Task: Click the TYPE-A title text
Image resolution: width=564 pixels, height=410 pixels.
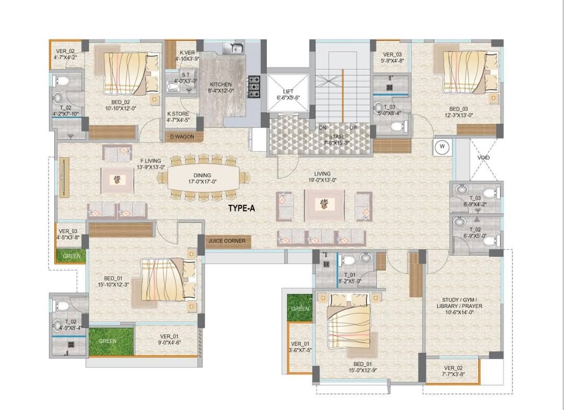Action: pos(241,208)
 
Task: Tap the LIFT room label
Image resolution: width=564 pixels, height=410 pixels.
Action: pos(288,95)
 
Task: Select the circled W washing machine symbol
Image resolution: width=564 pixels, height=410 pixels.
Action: pos(442,147)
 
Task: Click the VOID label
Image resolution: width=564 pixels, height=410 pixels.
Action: pos(484,158)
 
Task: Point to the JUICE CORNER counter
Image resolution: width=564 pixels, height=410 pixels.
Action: pos(227,241)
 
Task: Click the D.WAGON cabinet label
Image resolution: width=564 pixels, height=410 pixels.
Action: pos(182,137)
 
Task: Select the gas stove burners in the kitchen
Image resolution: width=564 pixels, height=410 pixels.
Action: pos(254,86)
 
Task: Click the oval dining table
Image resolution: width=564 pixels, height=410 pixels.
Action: pos(203,178)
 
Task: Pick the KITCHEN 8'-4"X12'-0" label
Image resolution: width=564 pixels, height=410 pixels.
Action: pos(221,87)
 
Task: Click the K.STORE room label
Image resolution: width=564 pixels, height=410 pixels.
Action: pos(178,117)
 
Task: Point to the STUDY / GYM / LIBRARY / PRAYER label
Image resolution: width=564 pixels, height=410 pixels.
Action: pos(460,306)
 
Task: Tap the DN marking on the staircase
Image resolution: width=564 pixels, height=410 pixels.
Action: pos(323,127)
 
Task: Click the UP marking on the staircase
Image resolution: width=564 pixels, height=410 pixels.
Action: pos(354,127)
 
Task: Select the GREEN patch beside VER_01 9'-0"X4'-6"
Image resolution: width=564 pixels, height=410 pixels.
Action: pos(111,341)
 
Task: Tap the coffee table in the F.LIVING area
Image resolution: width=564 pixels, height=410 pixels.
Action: pos(118,180)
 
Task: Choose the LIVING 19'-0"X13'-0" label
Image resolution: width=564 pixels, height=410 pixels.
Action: pos(322,177)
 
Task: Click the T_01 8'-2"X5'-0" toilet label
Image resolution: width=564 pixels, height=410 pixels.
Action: pos(349,278)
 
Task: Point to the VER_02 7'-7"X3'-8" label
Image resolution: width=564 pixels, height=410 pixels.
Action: pos(453,371)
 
